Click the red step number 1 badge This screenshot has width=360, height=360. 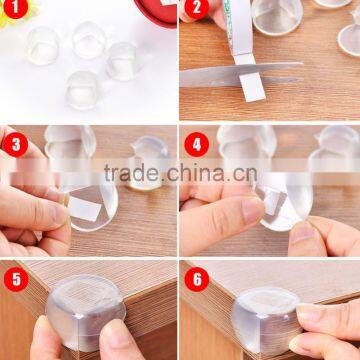click(14, 13)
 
